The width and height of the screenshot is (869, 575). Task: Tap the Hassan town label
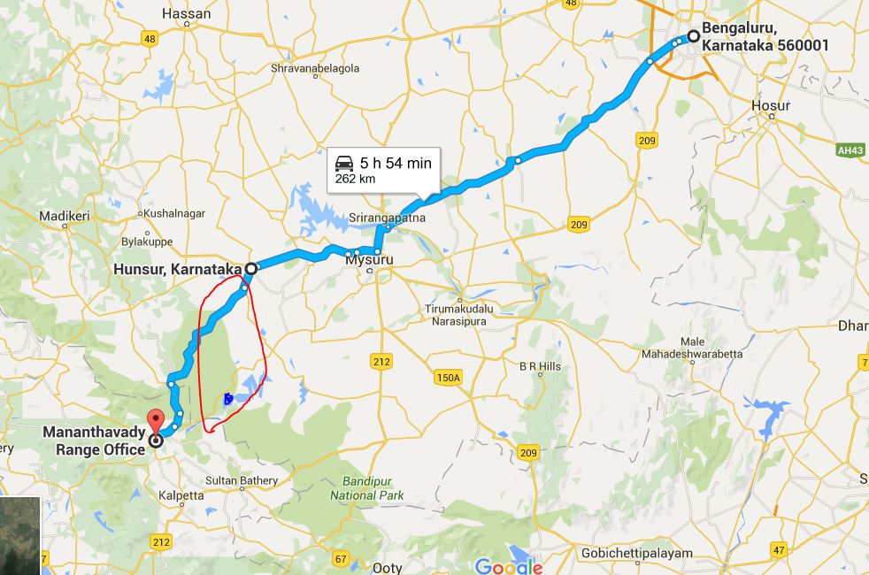coord(187,14)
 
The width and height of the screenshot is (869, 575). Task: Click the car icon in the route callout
coord(343,164)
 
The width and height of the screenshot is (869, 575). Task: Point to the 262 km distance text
coord(355,179)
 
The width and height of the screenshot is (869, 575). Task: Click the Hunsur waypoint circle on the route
coord(251,267)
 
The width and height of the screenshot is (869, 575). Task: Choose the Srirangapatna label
coord(387,218)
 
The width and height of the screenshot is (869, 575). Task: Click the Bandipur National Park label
coord(366,489)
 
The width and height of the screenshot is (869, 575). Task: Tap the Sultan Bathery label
coord(242,480)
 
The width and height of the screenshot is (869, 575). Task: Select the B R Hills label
coord(540,365)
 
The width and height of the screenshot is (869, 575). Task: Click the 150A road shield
coord(448,378)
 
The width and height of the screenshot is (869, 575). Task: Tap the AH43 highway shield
coord(850,150)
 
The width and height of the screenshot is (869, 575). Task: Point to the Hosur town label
coord(770,105)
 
